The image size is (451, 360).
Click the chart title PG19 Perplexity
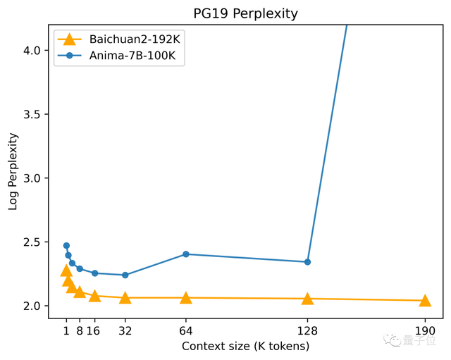(245, 13)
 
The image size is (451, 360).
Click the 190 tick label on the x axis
(425, 330)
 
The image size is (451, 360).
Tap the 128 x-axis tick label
(307, 330)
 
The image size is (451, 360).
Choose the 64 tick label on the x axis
(186, 330)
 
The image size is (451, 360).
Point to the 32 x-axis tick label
(125, 330)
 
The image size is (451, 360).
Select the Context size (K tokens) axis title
(245, 347)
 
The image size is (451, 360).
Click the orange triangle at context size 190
(425, 301)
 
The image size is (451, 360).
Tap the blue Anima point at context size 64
(186, 254)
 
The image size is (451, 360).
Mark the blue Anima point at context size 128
(307, 262)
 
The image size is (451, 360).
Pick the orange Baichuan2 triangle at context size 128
(307, 299)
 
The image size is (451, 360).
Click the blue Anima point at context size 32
(125, 275)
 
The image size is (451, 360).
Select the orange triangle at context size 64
(186, 298)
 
